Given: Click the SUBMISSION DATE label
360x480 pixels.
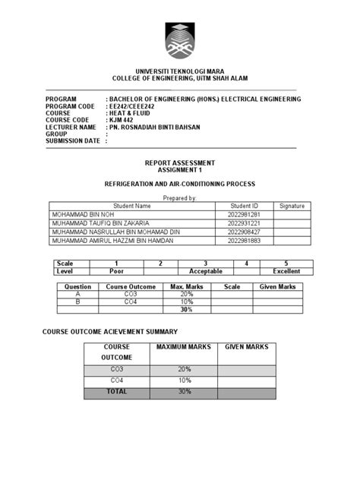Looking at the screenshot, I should pyautogui.click(x=72, y=141).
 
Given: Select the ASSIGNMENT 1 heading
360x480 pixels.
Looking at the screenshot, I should pyautogui.click(x=180, y=170).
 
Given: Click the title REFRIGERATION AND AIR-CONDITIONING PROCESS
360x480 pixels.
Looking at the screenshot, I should pyautogui.click(x=179, y=185).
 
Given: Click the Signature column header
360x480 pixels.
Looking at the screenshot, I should pyautogui.click(x=292, y=206).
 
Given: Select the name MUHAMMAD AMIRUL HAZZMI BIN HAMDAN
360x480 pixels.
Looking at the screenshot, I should pyautogui.click(x=112, y=241).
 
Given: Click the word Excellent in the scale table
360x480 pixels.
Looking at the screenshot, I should pyautogui.click(x=287, y=270).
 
